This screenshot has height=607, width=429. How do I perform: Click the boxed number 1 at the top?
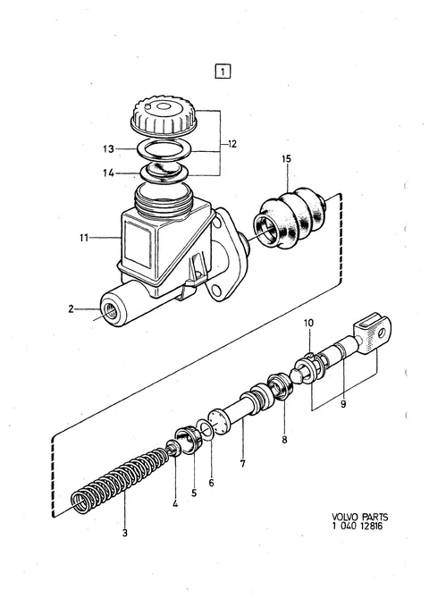point(223,72)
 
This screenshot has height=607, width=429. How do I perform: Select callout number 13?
point(108,148)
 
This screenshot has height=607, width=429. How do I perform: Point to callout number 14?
point(108,173)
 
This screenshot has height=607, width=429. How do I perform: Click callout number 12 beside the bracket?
point(231,144)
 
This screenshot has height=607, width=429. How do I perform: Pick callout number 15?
point(287,159)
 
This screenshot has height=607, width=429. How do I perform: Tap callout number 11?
point(84,237)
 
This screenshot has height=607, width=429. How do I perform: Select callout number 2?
point(71,309)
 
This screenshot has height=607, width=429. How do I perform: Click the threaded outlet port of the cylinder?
point(109,311)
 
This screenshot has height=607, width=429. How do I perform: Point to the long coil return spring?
point(121,480)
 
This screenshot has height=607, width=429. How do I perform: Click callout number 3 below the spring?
point(124,533)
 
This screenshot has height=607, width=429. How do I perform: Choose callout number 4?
point(175,503)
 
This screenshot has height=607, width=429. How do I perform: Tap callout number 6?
point(211,483)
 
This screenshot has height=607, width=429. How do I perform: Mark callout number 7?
point(243,463)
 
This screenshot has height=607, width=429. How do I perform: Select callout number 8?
point(284,439)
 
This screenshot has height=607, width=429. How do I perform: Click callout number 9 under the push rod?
point(343,405)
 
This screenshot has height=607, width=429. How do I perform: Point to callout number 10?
point(308,323)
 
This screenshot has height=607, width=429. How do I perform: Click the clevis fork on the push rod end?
point(373,333)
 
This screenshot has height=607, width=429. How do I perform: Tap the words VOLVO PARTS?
point(359,517)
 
